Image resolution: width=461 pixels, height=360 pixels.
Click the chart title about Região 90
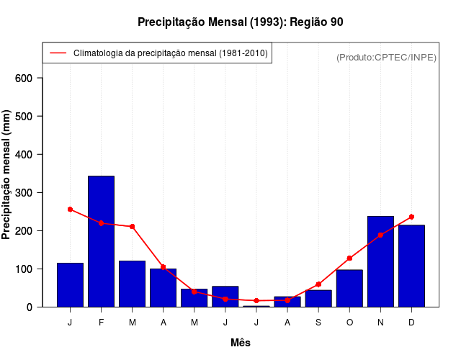(x=240, y=22)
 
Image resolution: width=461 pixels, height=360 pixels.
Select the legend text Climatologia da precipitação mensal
(x=170, y=53)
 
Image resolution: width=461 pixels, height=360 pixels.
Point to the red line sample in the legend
(x=58, y=53)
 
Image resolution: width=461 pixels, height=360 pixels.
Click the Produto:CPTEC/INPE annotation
(x=386, y=57)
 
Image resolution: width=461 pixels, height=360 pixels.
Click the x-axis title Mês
(x=241, y=343)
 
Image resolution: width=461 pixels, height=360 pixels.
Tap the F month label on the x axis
(x=102, y=323)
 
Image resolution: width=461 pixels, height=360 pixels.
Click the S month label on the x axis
(x=318, y=323)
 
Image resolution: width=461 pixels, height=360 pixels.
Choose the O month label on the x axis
(x=349, y=323)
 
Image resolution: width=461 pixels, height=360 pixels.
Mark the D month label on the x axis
(x=411, y=323)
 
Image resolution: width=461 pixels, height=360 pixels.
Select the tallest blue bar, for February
(x=102, y=241)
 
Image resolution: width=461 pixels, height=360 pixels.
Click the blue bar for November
(x=380, y=261)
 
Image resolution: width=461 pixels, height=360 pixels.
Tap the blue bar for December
(x=411, y=266)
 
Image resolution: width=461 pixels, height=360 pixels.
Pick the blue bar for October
(x=349, y=288)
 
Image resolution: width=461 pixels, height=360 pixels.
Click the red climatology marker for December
(x=411, y=217)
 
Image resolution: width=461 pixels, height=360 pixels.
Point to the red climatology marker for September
(x=318, y=284)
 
